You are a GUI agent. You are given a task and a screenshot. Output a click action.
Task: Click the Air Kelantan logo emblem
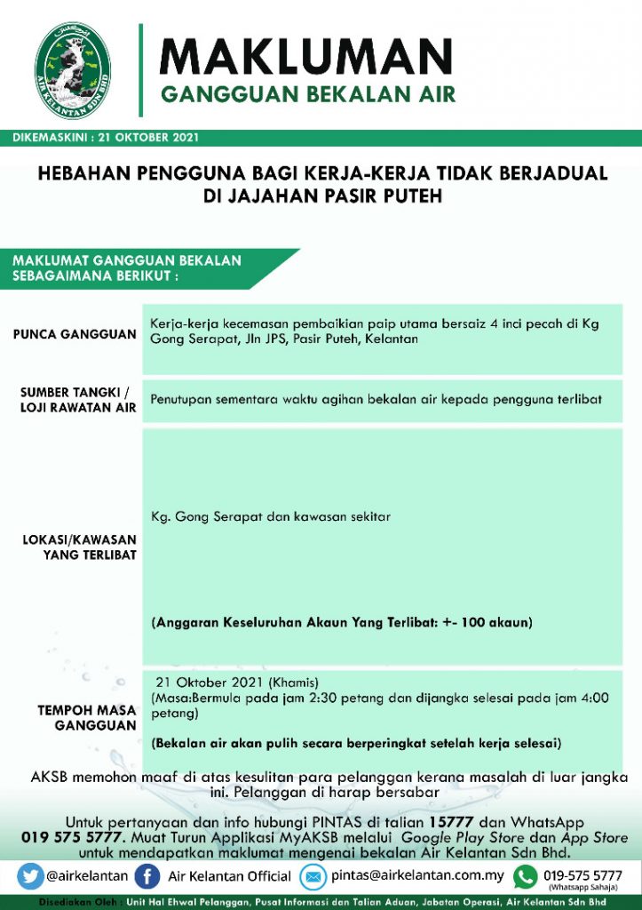pos(73,68)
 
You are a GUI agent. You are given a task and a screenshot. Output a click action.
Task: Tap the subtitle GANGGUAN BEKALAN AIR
pos(307,94)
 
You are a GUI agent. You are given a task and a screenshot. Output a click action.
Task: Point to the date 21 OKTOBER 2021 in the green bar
pos(152,138)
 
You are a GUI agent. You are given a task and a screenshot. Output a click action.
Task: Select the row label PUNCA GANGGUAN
pos(75,334)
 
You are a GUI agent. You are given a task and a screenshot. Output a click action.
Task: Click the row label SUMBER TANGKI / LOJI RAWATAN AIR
pos(78,400)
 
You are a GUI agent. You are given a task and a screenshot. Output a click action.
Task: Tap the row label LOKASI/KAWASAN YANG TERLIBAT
pos(79,547)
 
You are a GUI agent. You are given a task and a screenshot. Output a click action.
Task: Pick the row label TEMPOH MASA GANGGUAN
pos(86,717)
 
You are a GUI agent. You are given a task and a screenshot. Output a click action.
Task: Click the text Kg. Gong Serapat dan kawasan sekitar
pos(270,516)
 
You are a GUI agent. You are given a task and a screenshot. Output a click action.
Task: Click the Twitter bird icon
pos(31,876)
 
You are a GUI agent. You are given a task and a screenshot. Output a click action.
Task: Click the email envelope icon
pos(312,876)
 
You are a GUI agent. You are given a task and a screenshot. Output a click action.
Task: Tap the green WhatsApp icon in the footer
pos(526,876)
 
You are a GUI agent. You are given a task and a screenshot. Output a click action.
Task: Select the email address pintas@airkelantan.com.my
pos(417,875)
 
